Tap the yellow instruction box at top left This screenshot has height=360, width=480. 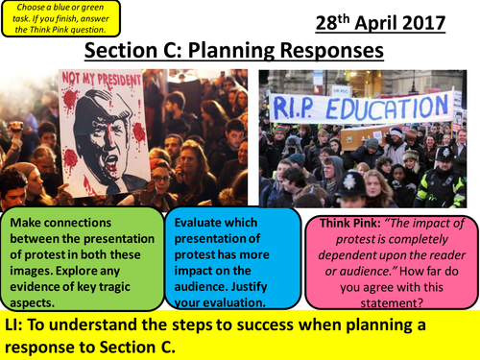point(62,19)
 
